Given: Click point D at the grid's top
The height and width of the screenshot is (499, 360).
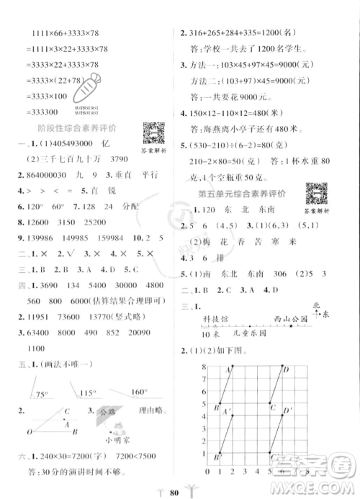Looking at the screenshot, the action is (x=286, y=370).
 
